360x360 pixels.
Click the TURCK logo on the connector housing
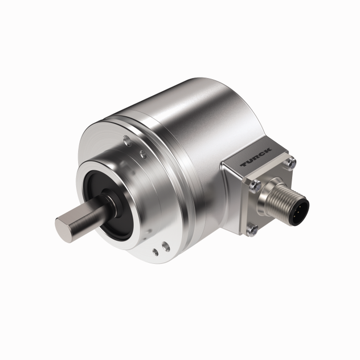click(x=256, y=157)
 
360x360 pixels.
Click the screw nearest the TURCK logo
click(x=292, y=162)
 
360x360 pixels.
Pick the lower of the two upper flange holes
click(x=143, y=154)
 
